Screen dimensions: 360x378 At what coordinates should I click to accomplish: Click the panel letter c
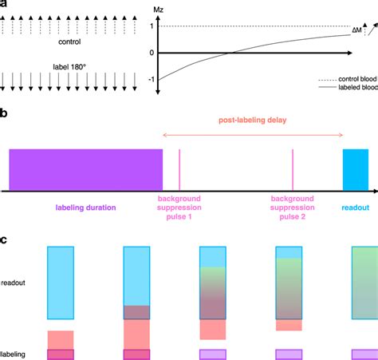(x=4, y=239)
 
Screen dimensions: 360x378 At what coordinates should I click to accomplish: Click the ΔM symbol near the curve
(x=356, y=31)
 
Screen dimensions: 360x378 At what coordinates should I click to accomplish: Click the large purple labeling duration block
(x=85, y=169)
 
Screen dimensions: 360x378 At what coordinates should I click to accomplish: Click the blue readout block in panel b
(x=354, y=169)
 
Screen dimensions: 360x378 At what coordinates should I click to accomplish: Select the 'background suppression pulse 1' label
(x=179, y=210)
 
